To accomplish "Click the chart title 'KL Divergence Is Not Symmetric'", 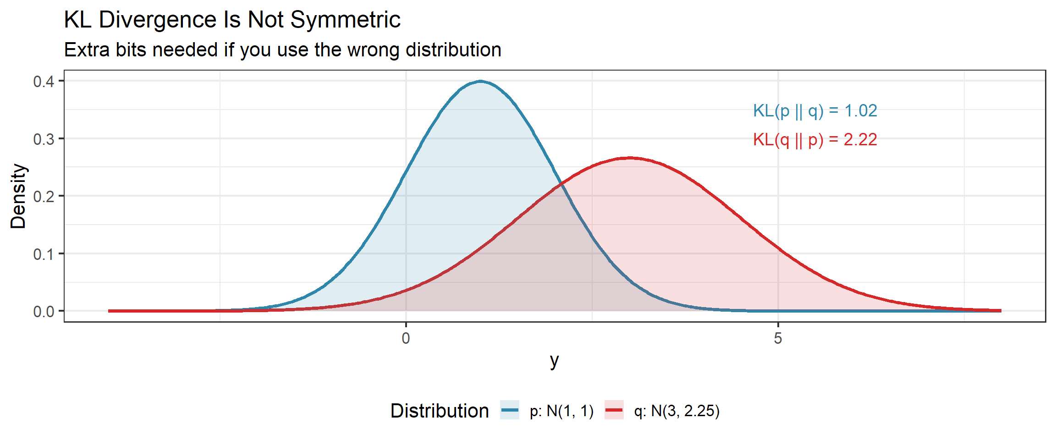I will [232, 20].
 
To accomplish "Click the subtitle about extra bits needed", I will [282, 50].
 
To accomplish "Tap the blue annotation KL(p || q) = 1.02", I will [815, 111].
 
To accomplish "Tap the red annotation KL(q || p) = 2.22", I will [815, 140].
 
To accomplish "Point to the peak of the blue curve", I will [480, 82].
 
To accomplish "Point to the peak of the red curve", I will [629, 158].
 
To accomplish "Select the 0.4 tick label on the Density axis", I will [44, 82].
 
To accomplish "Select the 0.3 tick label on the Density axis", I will [44, 139].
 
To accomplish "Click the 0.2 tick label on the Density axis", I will [44, 197].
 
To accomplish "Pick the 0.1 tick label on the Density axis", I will [44, 254].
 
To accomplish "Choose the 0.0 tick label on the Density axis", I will [44, 312].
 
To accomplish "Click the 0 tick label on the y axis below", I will [406, 339].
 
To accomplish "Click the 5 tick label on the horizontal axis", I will [778, 339].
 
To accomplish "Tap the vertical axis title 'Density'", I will [18, 196].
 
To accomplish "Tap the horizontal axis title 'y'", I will [555, 361].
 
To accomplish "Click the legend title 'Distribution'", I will [440, 411].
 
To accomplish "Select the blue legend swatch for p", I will [510, 410].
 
